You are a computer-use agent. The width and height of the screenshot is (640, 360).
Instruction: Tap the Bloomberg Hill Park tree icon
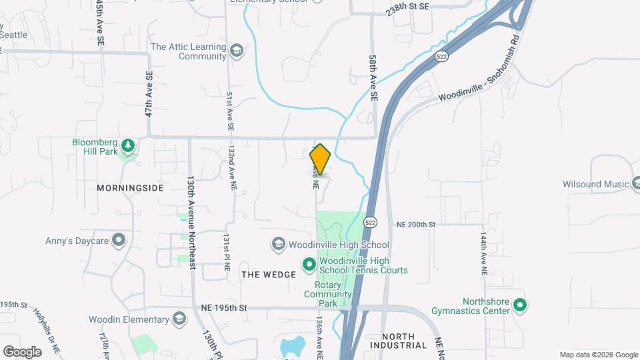[x=128, y=145]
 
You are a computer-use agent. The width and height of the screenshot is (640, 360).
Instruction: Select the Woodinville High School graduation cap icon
[x=278, y=245]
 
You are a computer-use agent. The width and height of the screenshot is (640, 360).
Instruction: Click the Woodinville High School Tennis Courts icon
[x=309, y=265]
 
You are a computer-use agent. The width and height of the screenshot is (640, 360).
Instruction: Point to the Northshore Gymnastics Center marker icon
[x=521, y=306]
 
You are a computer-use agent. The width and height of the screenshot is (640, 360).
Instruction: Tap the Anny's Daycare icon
[x=119, y=239]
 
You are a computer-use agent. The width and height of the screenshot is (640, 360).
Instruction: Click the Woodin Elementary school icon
[x=179, y=318]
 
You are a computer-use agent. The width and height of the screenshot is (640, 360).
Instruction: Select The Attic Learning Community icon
[x=236, y=51]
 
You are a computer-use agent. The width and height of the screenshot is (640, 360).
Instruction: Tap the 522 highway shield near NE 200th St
[x=371, y=221]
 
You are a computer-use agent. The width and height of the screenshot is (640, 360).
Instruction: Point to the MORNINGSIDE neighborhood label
[x=130, y=188]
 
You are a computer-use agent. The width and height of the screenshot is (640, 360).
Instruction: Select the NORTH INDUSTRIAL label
[x=405, y=341]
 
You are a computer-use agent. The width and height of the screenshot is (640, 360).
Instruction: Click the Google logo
[x=22, y=351]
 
